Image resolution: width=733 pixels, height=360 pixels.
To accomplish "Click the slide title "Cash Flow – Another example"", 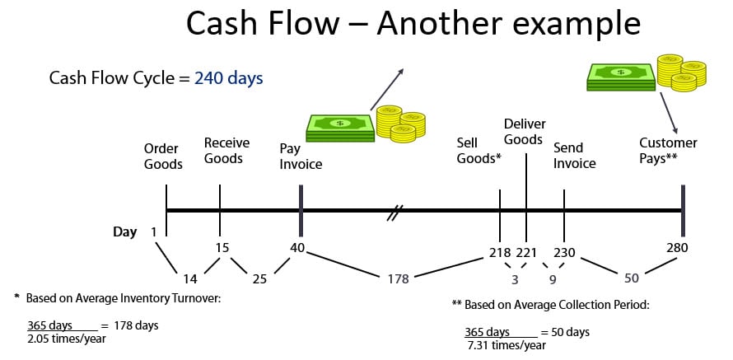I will pyautogui.click(x=413, y=23).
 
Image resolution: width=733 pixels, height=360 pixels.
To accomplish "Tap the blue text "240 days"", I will pyautogui.click(x=229, y=78).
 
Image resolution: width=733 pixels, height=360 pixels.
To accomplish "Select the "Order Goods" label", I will pyautogui.click(x=163, y=157).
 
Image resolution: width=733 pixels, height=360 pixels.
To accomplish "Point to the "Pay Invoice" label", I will pyautogui.click(x=301, y=157).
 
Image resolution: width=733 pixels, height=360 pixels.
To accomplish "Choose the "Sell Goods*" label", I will pyautogui.click(x=479, y=150).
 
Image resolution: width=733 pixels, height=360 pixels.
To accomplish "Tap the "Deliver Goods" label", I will pyautogui.click(x=523, y=132).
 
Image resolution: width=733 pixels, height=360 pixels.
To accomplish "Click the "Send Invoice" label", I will pyautogui.click(x=574, y=156).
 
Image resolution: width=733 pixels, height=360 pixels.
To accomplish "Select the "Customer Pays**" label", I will pyautogui.click(x=668, y=150).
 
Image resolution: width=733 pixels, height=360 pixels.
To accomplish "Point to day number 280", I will pyautogui.click(x=677, y=247).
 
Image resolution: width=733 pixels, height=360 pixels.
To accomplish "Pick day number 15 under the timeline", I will pyautogui.click(x=221, y=247).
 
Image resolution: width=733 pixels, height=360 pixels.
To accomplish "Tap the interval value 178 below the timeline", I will pyautogui.click(x=398, y=279).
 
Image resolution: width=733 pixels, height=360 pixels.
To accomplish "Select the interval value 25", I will pyautogui.click(x=259, y=278).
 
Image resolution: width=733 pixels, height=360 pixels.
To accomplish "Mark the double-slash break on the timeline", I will pyautogui.click(x=394, y=216).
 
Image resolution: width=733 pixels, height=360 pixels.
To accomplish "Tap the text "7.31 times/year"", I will pyautogui.click(x=505, y=345).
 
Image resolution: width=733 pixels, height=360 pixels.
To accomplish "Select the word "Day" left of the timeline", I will pyautogui.click(x=124, y=232).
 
